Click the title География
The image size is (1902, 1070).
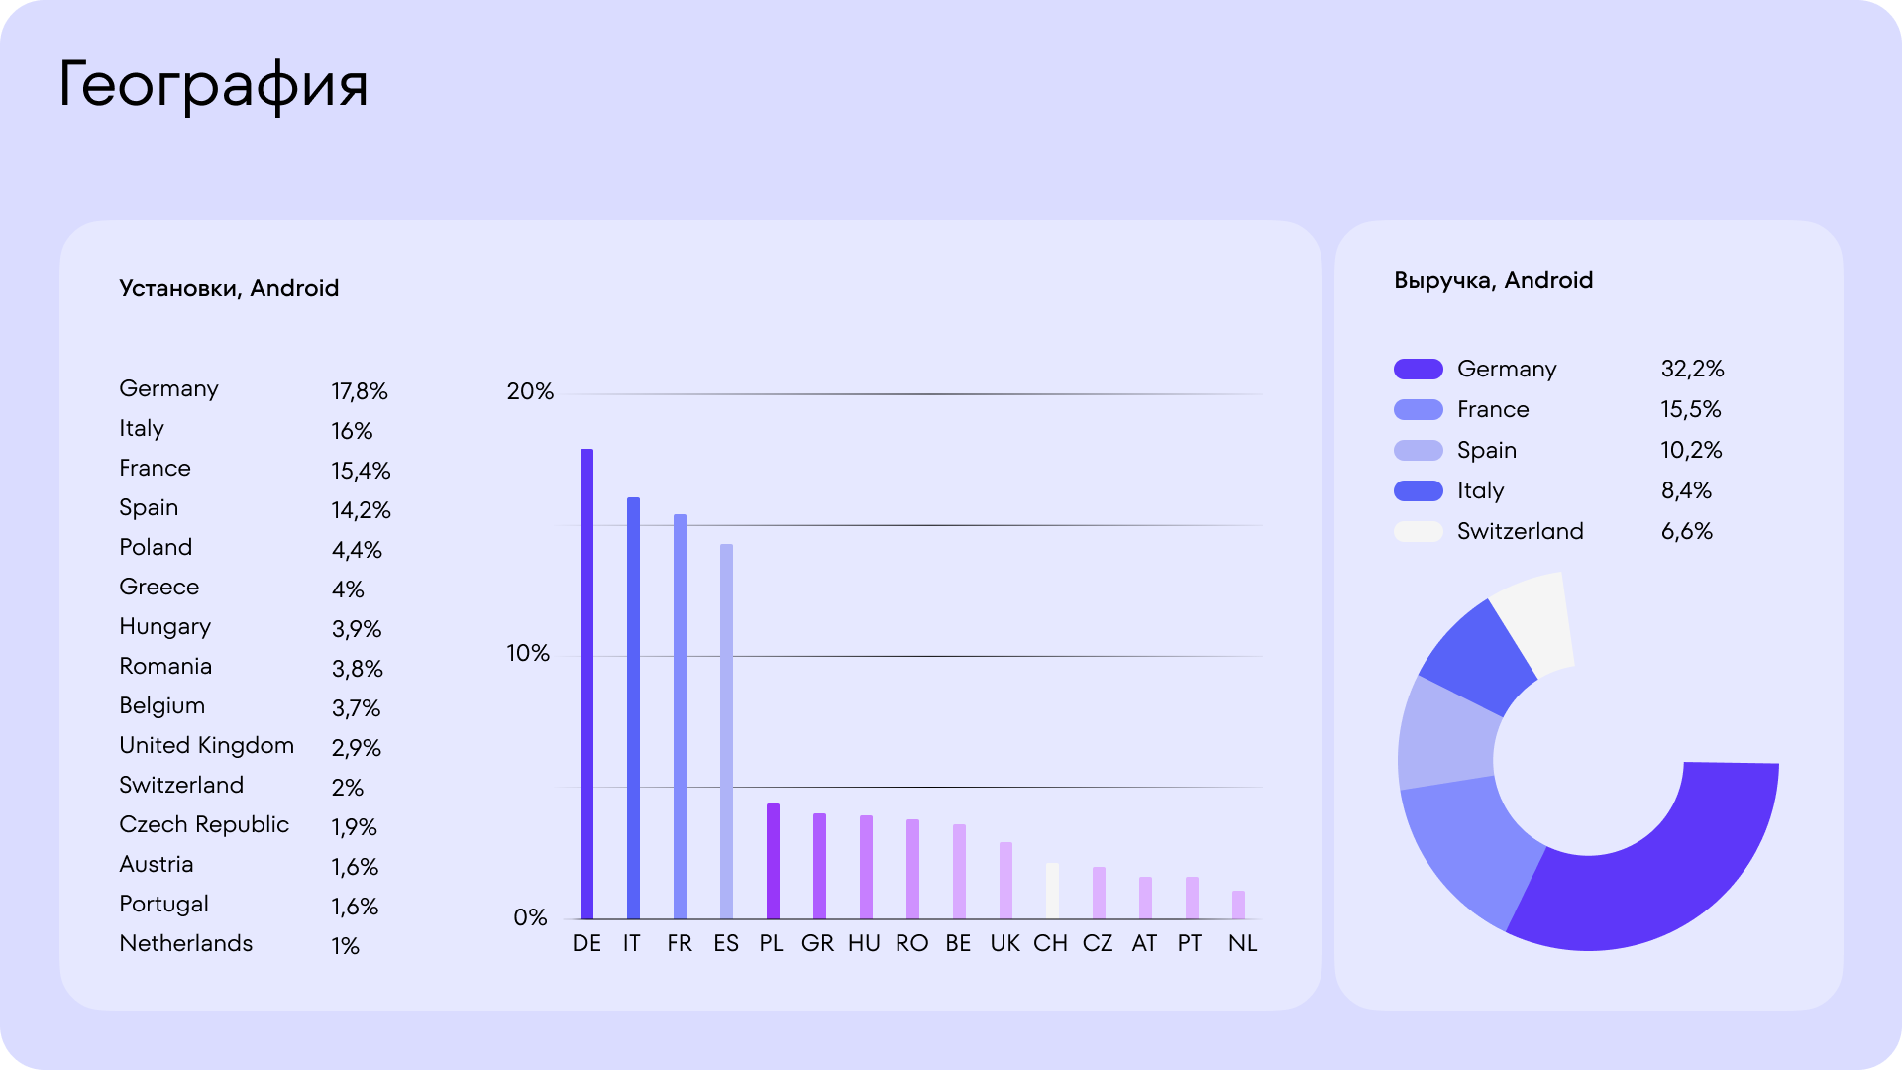point(213,85)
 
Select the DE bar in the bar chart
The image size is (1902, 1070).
point(586,684)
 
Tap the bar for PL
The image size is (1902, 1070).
point(773,861)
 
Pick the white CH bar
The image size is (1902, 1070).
point(1052,891)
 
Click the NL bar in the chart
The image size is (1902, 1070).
point(1238,905)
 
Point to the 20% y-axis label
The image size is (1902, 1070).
point(530,391)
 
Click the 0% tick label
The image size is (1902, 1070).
point(530,917)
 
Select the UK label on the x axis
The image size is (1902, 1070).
point(1004,943)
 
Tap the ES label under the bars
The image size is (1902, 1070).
point(726,943)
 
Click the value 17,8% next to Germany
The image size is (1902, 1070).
point(360,391)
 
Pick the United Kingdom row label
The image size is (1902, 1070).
point(206,745)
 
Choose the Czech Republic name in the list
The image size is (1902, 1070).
point(204,824)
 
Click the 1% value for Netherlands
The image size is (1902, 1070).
point(345,946)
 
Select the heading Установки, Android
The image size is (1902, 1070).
point(229,288)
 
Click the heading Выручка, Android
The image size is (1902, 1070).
point(1493,280)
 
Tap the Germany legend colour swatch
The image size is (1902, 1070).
point(1418,370)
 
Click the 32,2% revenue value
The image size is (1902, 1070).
point(1692,369)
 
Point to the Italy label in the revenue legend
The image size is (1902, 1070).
point(1480,490)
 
